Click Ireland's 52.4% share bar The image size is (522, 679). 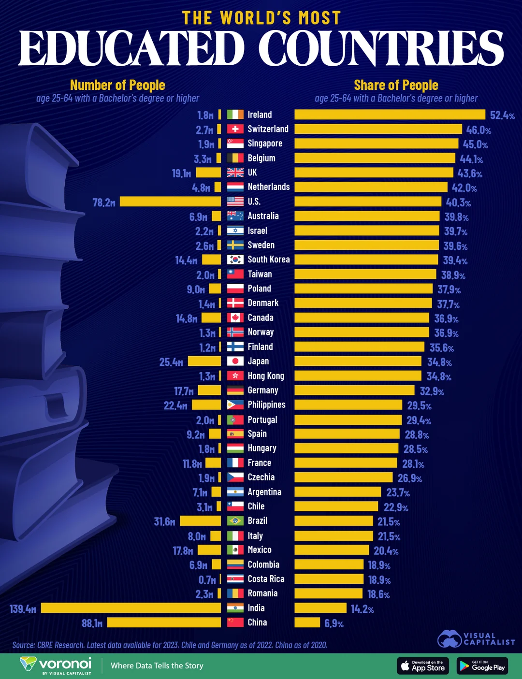click(x=390, y=115)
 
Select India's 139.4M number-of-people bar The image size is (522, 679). click(x=130, y=607)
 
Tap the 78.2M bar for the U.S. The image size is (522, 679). click(x=170, y=202)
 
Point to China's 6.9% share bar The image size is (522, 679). click(x=307, y=622)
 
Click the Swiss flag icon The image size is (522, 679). click(x=235, y=129)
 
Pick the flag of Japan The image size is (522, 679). click(x=235, y=361)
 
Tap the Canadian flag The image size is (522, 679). click(x=235, y=318)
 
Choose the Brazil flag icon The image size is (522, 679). click(x=235, y=521)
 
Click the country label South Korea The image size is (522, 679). click(x=269, y=260)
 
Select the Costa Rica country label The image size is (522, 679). click(x=266, y=579)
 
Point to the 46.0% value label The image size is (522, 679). click(x=478, y=130)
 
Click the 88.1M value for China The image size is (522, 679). click(x=92, y=623)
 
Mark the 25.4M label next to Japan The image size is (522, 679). click(x=171, y=362)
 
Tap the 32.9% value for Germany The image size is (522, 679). click(x=432, y=391)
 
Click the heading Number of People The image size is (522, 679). click(x=117, y=86)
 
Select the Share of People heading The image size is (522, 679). click(x=396, y=86)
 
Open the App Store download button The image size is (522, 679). click(x=423, y=665)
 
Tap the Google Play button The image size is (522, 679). click(x=482, y=665)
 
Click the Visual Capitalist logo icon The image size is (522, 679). click(x=449, y=638)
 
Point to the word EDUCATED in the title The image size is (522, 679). click(x=131, y=48)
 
